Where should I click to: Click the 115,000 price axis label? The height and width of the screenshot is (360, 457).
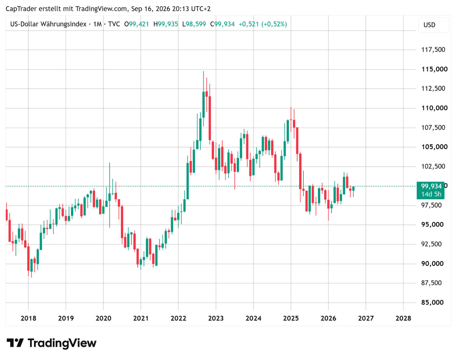434,69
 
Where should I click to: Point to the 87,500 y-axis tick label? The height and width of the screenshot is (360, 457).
431,283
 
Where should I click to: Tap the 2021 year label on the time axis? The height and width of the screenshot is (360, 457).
141,318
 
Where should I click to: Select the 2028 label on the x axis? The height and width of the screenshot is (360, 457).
403,318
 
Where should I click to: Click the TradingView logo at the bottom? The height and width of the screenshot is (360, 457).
52,343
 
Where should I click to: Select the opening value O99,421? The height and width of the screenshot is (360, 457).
137,24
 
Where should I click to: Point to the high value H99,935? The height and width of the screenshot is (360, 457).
166,24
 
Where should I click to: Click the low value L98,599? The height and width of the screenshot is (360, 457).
194,24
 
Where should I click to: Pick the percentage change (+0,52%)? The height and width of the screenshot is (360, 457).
274,24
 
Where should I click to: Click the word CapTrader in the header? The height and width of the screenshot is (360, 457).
21,9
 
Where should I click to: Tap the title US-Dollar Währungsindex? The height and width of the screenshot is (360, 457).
49,24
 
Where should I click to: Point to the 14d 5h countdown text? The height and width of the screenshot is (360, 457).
431,194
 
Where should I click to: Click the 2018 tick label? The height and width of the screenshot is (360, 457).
28,318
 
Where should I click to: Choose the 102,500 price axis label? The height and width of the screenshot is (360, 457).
433,166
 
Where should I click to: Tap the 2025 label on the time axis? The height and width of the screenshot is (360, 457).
291,318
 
